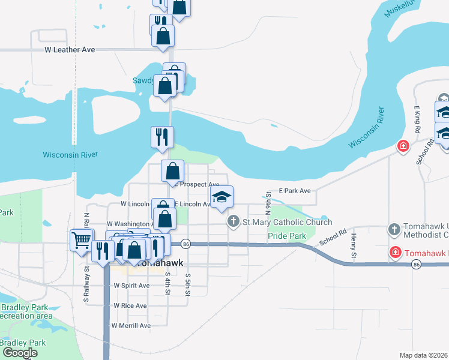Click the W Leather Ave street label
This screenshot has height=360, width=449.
pyautogui.click(x=70, y=50)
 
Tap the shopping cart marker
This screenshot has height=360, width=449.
pyautogui.click(x=81, y=241)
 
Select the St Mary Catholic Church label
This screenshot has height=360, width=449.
pyautogui.click(x=279, y=223)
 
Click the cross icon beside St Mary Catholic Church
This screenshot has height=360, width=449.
pyautogui.click(x=233, y=222)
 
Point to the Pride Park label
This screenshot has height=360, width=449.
pyautogui.click(x=287, y=236)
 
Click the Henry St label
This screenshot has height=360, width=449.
pyautogui.click(x=354, y=247)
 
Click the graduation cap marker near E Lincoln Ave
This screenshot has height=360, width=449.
pyautogui.click(x=221, y=197)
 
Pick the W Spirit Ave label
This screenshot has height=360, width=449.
pyautogui.click(x=131, y=286)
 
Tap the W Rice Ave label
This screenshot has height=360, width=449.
pyautogui.click(x=130, y=305)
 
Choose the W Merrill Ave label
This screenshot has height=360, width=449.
pyautogui.click(x=131, y=325)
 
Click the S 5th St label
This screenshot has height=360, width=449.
pyautogui.click(x=188, y=287)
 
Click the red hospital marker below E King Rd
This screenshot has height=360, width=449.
pyautogui.click(x=403, y=146)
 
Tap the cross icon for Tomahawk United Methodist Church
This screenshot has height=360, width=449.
pyautogui.click(x=394, y=229)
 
